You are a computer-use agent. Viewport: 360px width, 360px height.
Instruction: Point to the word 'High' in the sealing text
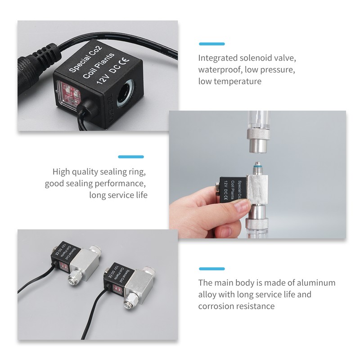click(62, 171)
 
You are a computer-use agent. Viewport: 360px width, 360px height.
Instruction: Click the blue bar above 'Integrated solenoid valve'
click(211, 44)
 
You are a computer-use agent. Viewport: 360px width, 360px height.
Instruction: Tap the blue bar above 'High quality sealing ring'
click(130, 157)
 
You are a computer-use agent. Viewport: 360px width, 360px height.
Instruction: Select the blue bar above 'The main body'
click(211, 269)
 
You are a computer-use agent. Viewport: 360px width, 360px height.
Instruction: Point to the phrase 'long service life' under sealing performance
click(118, 195)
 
